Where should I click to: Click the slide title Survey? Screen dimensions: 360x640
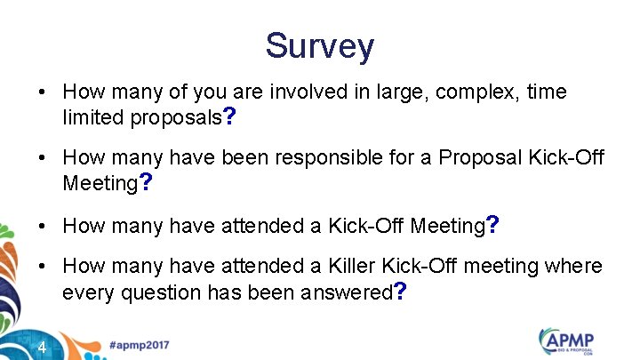320,45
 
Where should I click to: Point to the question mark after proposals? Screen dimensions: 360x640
229,116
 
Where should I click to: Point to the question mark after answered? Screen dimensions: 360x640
401,292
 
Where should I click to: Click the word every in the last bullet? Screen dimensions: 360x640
85,292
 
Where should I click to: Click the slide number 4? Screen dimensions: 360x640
43,347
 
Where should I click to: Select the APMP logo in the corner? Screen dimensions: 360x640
569,342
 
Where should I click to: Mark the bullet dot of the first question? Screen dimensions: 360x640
42,92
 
